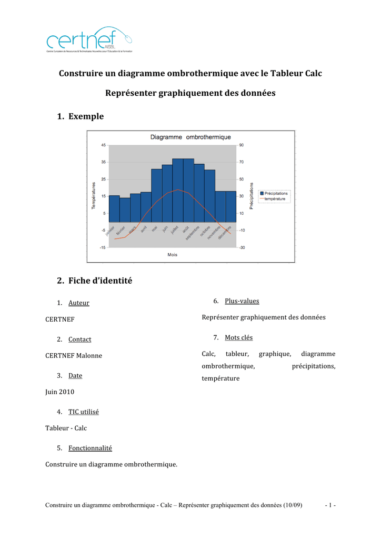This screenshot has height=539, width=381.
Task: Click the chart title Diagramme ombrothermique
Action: point(190,137)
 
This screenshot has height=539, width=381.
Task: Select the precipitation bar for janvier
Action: point(114,208)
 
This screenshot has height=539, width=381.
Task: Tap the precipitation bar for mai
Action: point(156,195)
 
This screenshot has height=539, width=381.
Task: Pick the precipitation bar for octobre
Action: point(209,196)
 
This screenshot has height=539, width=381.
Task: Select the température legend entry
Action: point(275,199)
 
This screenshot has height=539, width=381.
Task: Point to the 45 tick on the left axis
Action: point(103,145)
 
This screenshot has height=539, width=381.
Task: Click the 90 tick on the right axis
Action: point(242,145)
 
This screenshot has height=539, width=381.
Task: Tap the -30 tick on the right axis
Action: point(242,247)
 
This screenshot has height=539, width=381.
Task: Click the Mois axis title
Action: point(172,255)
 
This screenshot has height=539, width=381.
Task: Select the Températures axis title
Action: point(94,196)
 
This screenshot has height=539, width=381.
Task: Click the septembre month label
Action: point(192,234)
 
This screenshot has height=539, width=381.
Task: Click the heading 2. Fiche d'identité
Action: point(95,281)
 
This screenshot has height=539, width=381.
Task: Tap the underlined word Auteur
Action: point(79,303)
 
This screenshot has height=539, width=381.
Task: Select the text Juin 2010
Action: point(60,392)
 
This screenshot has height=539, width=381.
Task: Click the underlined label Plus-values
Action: point(242,301)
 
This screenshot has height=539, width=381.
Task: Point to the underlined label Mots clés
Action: point(238,337)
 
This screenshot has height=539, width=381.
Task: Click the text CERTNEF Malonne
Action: point(74,356)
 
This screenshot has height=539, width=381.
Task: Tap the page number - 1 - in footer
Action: point(330,505)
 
